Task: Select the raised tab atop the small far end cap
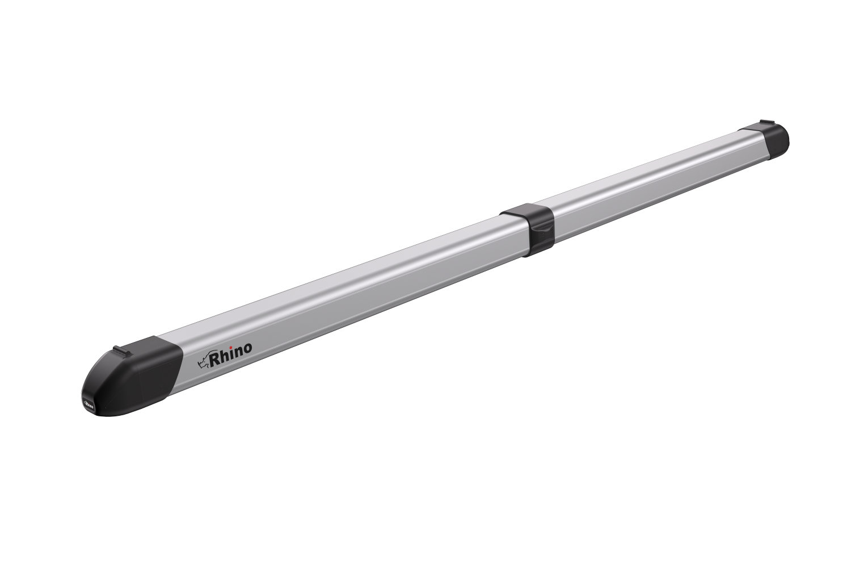(766, 123)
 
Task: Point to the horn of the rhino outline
(199, 360)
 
